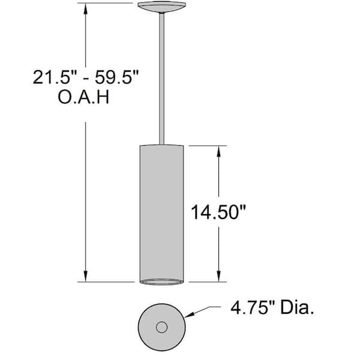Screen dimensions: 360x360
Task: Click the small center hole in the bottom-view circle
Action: point(161,328)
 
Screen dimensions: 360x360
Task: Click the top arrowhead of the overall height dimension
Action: point(86,9)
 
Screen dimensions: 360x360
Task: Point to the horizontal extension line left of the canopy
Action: point(108,4)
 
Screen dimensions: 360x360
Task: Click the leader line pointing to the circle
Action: point(207,309)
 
